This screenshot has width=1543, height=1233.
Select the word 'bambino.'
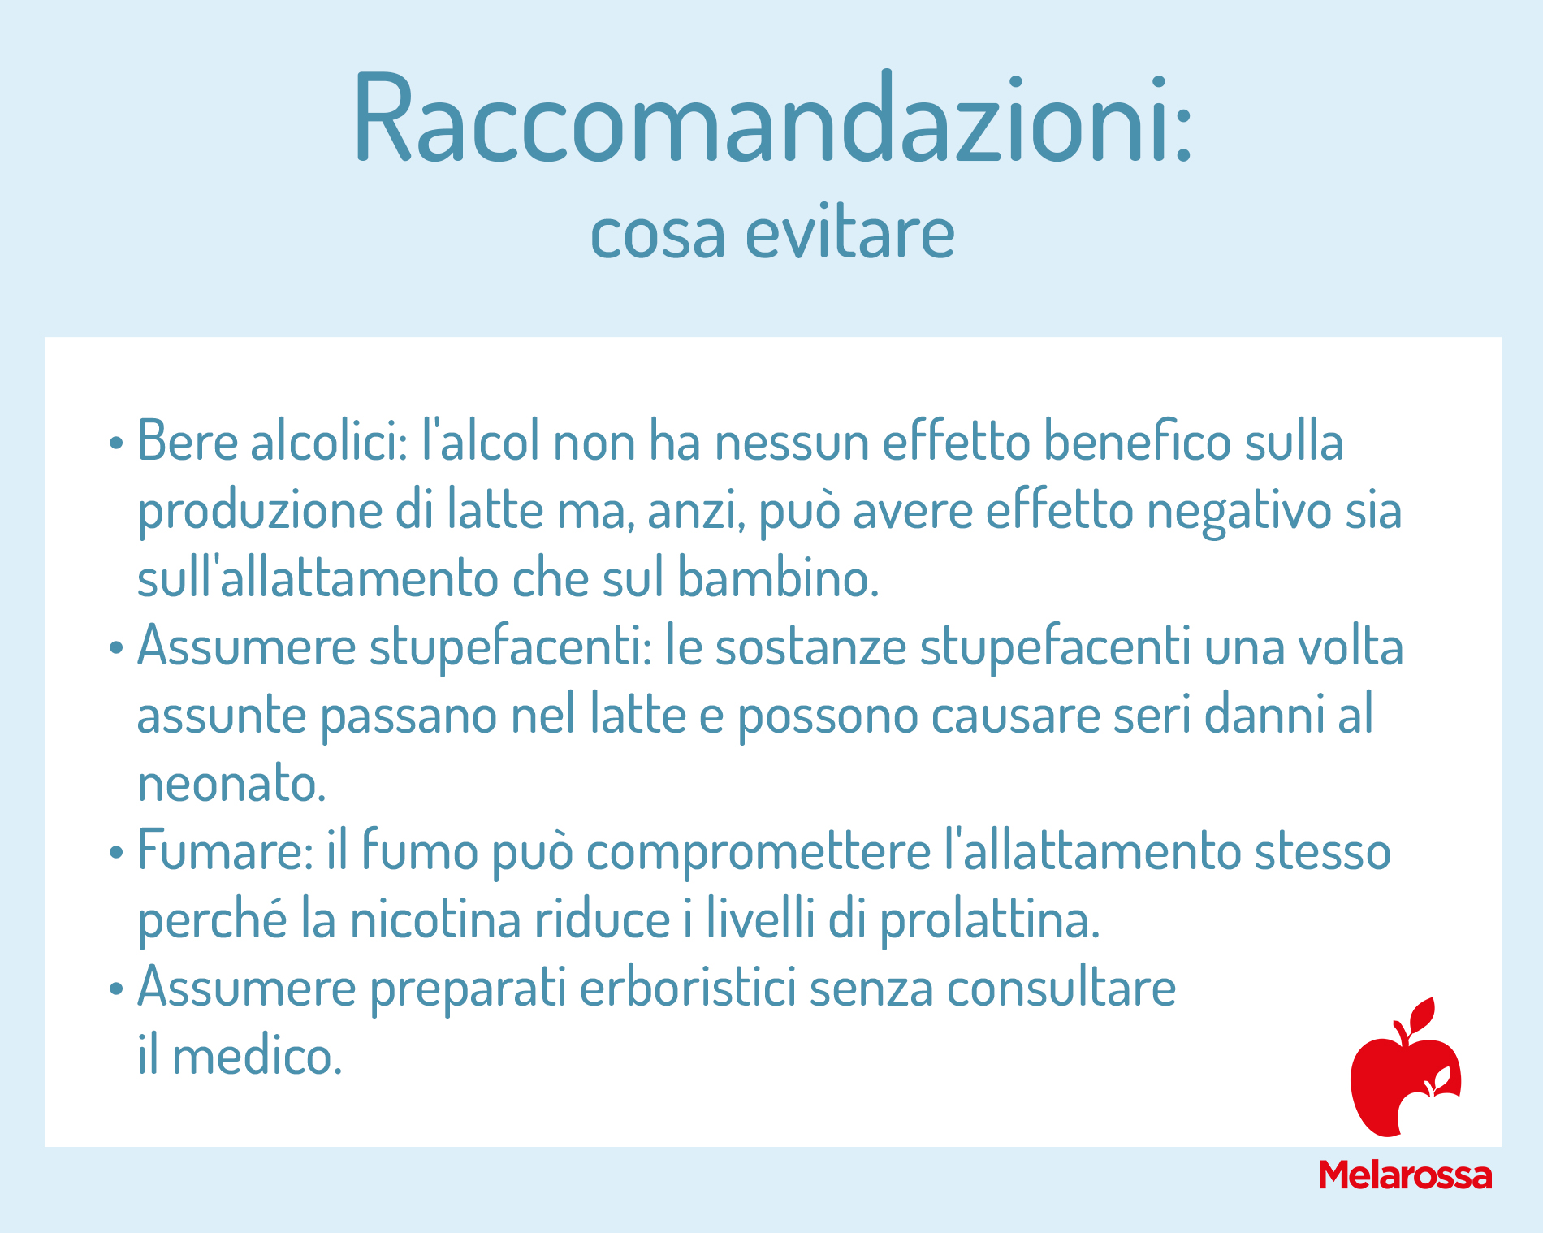point(778,578)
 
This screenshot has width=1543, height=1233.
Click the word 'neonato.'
point(232,784)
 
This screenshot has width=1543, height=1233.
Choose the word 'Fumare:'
point(225,850)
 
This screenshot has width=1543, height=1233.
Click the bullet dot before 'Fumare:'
point(117,853)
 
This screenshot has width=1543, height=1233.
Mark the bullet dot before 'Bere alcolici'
point(117,443)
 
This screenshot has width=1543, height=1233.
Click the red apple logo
point(1405,1067)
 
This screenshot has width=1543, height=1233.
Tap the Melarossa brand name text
point(1405,1175)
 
